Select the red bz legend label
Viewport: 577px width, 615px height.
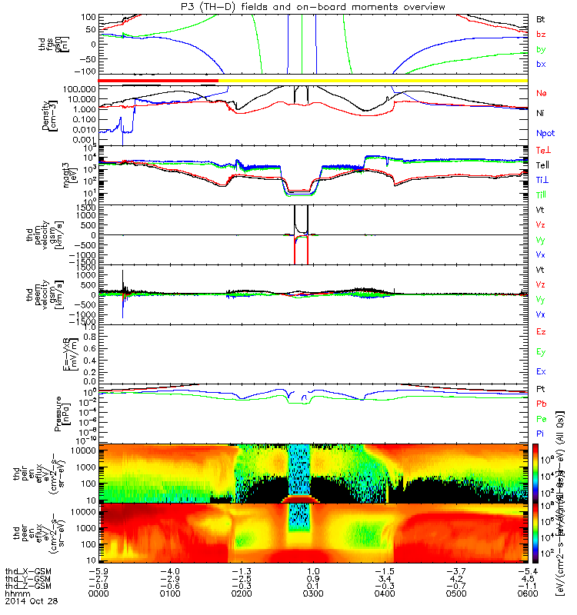click(x=542, y=35)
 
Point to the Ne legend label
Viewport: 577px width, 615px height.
click(x=542, y=93)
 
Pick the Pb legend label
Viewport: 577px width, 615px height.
click(x=542, y=404)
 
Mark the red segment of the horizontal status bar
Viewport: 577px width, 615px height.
click(x=158, y=80)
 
